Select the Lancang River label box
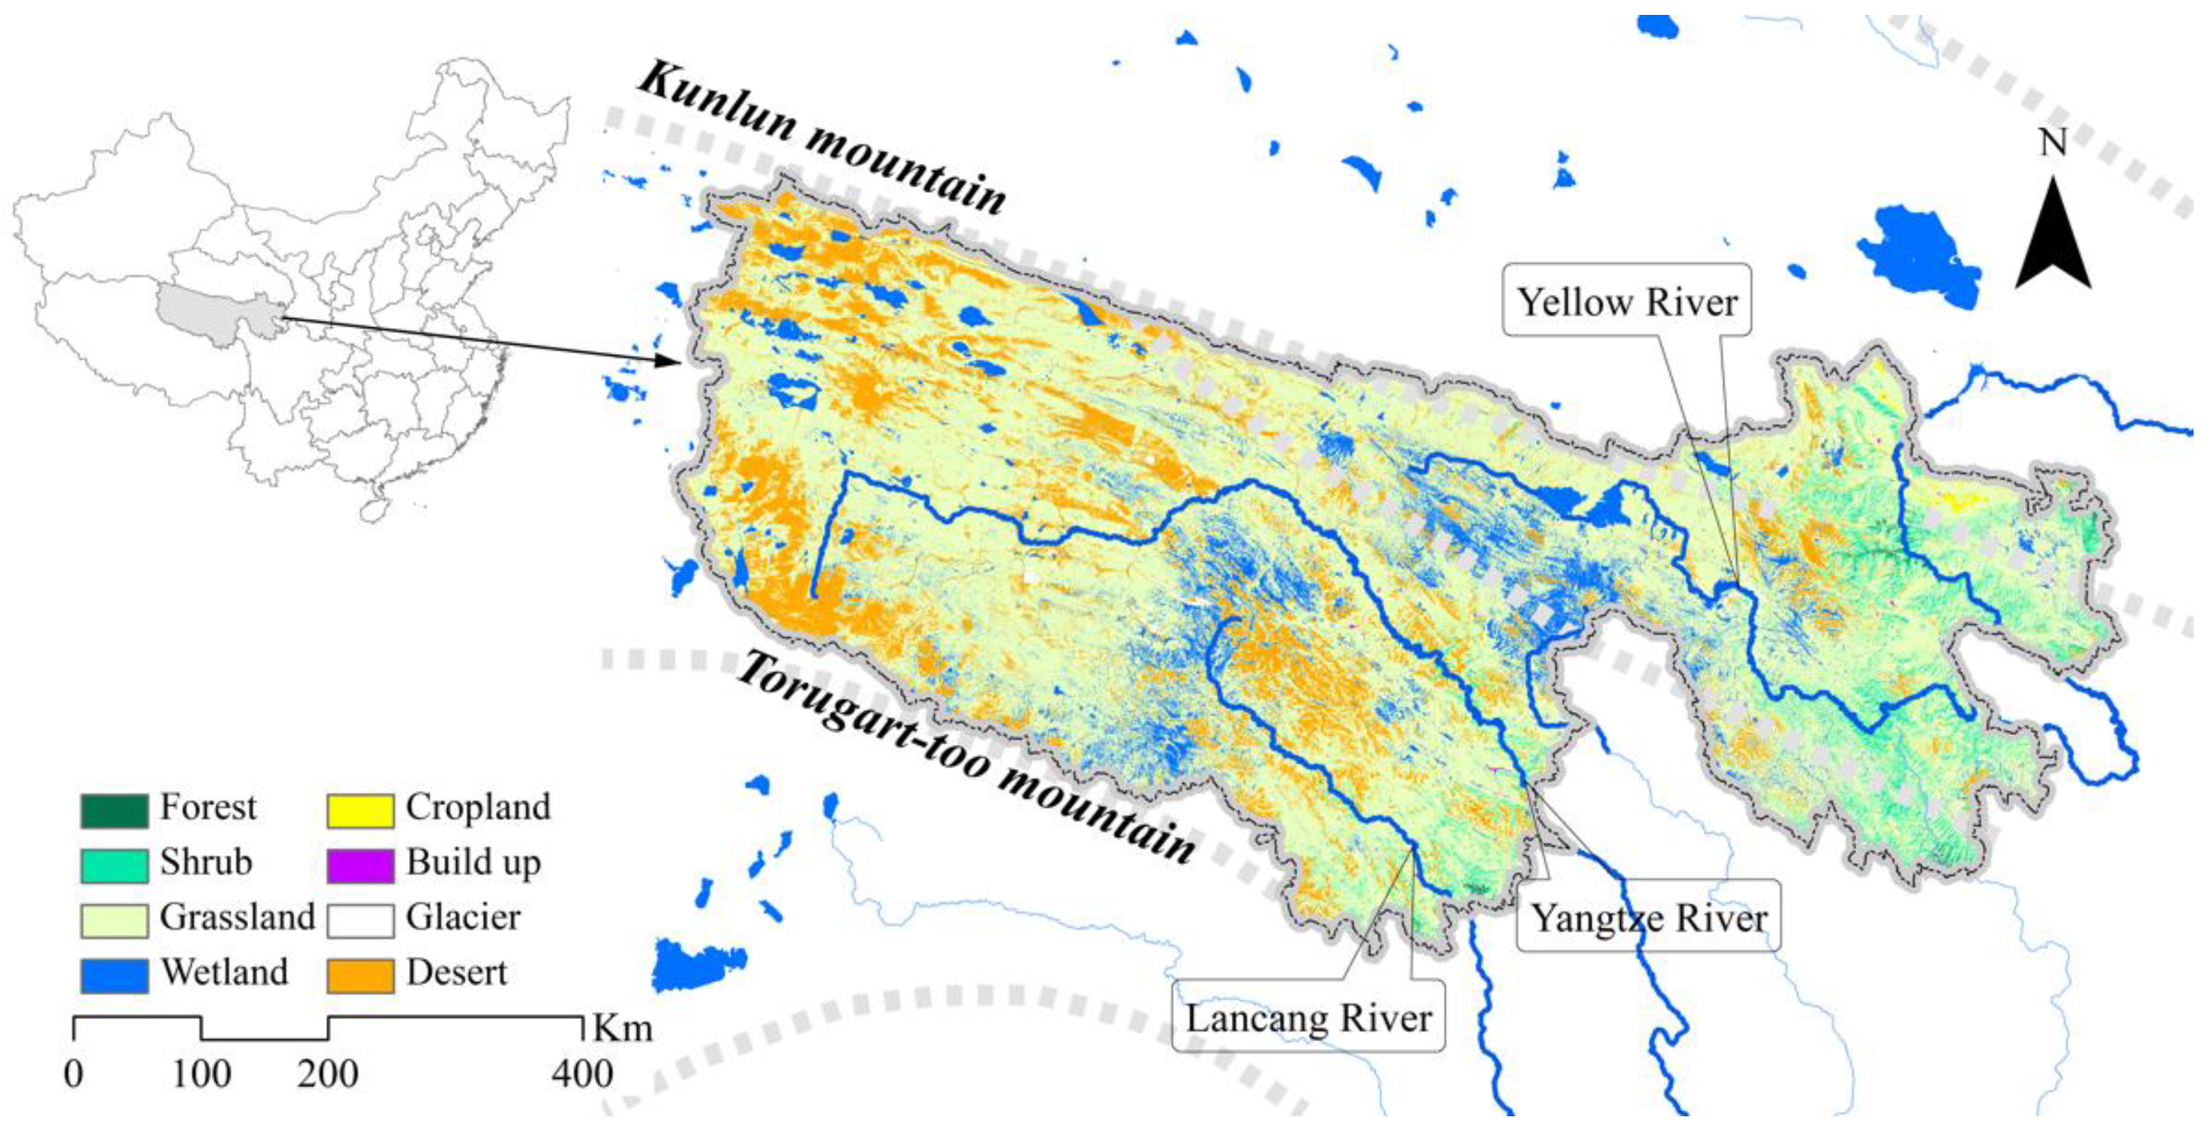click(1308, 1018)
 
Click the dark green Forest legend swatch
click(114, 809)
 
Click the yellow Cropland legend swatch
click(360, 809)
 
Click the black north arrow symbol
click(2053, 240)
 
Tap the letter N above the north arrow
click(2053, 142)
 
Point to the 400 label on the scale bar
click(582, 1074)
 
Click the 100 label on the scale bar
click(201, 1074)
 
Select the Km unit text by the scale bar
click(622, 1028)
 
